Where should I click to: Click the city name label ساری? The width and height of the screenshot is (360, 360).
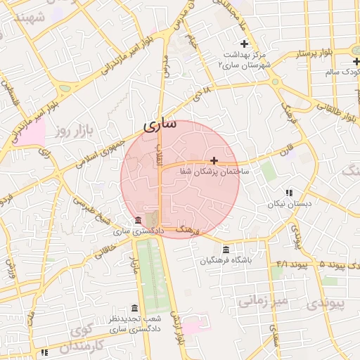tap(160, 126)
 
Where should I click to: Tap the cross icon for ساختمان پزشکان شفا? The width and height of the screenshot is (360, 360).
tap(214, 160)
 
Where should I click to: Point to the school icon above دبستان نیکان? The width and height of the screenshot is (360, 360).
tap(288, 193)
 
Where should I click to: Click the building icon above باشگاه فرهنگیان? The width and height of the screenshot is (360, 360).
tap(225, 250)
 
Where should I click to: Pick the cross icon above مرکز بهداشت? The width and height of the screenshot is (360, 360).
tap(244, 44)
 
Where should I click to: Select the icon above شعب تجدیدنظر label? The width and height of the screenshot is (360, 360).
tap(134, 308)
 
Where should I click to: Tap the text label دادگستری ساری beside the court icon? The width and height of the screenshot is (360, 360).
tap(139, 231)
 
